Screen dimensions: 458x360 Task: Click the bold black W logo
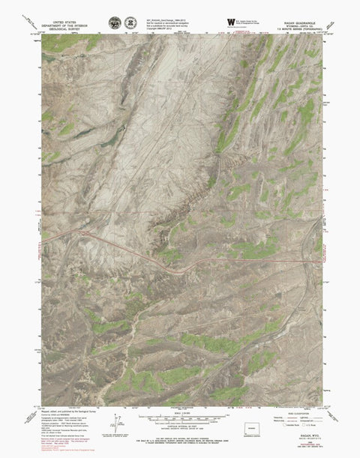230,22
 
